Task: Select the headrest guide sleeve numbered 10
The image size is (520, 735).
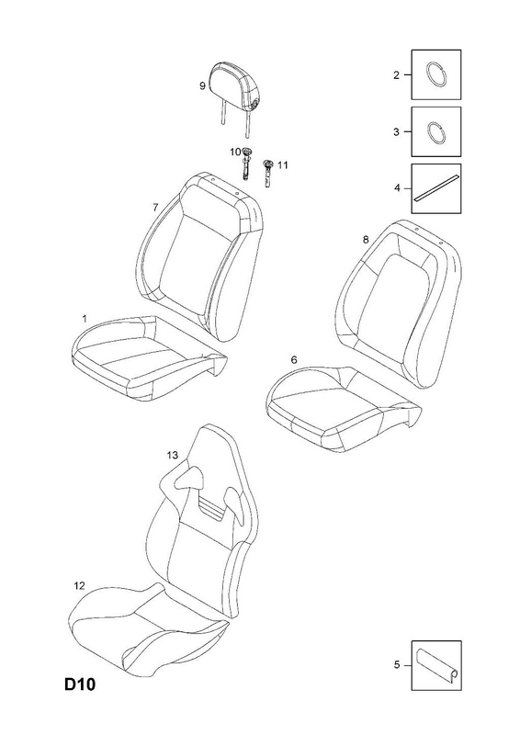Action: point(246,163)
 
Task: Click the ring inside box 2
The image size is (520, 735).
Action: point(436,74)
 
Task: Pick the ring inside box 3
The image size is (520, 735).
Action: point(436,131)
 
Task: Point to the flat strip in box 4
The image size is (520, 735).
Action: point(436,188)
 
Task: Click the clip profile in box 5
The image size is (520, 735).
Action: point(436,664)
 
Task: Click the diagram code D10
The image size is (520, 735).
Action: point(80,684)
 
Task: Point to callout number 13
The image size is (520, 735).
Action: point(173,455)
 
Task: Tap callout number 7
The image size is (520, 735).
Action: point(155,208)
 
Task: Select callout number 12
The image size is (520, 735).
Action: point(79,585)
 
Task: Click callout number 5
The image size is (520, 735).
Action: point(397,664)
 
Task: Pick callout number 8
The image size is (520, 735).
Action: point(366,240)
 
